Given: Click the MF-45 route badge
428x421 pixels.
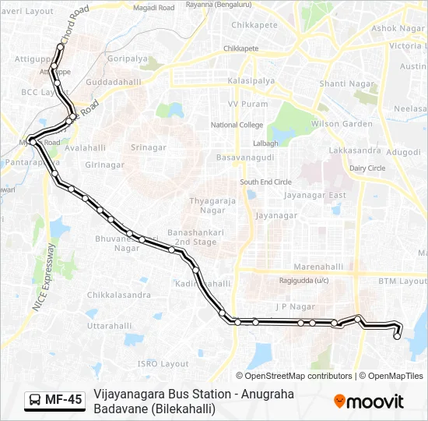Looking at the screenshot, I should point(54,400).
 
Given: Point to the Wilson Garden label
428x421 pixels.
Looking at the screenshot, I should point(342,124).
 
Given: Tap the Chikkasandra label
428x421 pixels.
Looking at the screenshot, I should point(119,295).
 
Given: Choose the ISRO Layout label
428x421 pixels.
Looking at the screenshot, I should point(163,363).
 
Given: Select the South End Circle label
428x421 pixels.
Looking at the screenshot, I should point(265,182).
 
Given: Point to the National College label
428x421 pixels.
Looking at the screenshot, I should point(237,125).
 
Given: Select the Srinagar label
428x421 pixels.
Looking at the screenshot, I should point(148,147).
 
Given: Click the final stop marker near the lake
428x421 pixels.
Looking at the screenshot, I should point(397,337).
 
